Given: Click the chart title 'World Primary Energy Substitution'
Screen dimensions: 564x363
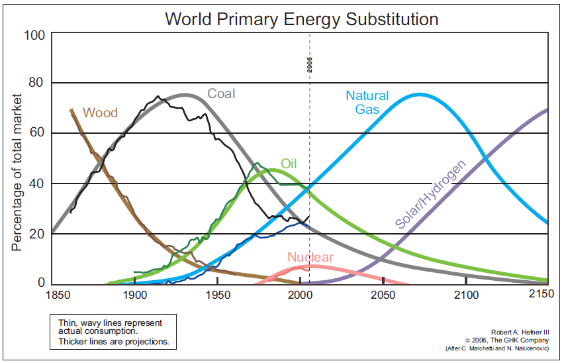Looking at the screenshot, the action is point(301,19).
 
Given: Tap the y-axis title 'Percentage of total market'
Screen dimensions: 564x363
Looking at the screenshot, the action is point(17,172).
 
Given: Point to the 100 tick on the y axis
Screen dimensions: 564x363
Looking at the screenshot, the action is point(34,35).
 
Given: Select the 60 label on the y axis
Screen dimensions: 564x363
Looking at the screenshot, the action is point(36,132).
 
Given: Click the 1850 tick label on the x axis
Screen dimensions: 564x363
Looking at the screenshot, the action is point(58,295).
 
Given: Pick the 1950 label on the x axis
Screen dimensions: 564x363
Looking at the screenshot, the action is point(218,295).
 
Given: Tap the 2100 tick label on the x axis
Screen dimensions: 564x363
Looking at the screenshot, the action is point(466,295).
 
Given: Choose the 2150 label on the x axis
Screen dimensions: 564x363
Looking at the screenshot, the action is point(541,293).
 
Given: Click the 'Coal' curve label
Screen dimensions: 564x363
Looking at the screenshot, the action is point(221,94).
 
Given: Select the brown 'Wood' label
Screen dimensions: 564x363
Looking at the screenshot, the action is point(101,113).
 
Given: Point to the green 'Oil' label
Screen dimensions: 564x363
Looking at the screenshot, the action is point(289,164).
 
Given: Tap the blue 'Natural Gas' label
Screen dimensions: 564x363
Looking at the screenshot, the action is point(367,102).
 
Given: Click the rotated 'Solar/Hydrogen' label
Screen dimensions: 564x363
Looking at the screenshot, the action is point(430,194).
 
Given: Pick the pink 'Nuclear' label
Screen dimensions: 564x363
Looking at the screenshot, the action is point(310,257).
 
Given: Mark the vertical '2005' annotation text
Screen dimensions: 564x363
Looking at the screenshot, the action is point(310,65).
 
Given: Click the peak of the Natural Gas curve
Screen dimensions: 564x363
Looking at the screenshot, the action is point(419,95).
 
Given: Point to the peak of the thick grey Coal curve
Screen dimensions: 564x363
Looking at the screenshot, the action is point(184,95).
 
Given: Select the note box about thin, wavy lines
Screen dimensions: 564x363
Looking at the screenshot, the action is point(113,332).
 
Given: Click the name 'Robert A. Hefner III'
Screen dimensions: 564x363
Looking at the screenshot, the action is point(520,333).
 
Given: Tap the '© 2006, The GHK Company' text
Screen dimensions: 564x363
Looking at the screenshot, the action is point(507,340).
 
